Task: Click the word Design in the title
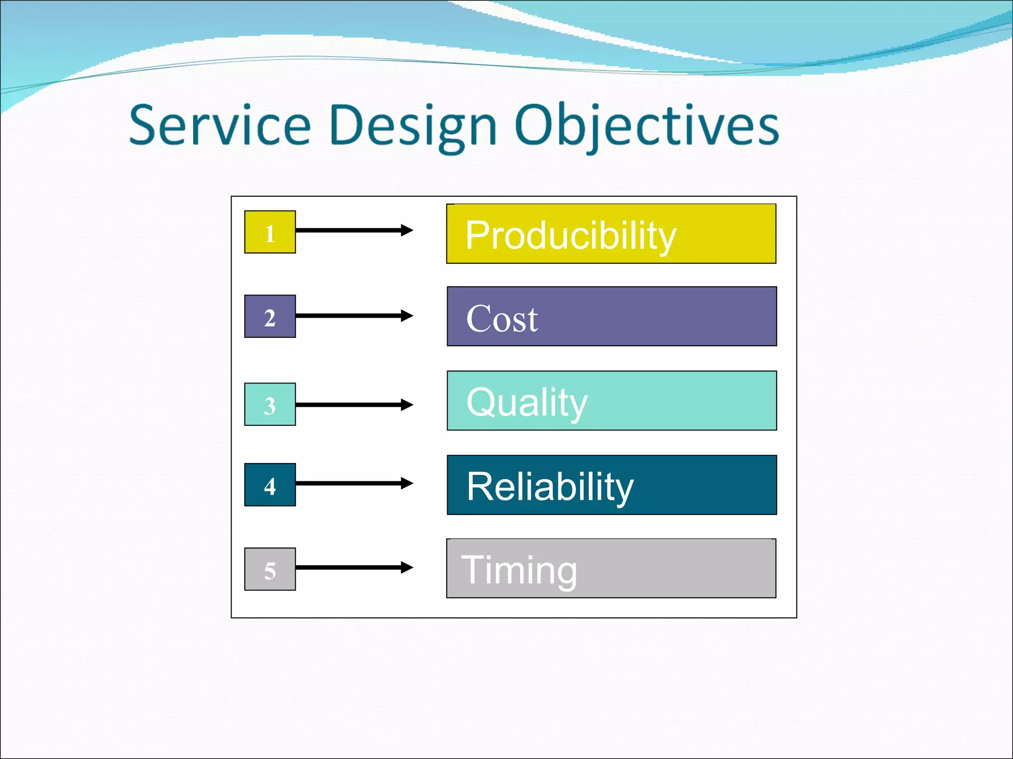point(413,126)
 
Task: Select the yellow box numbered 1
point(270,232)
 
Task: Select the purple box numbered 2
point(270,317)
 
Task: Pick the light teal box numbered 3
point(270,404)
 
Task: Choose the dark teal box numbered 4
point(270,485)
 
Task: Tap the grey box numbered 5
point(270,569)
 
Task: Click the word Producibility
point(570,235)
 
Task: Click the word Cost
point(502,319)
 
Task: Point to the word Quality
point(527,403)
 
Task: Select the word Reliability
point(550,487)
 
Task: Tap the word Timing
point(519,570)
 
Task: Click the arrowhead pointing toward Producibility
point(407,230)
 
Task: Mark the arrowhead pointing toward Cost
point(407,316)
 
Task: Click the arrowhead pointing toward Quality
point(407,405)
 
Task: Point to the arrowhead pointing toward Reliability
point(407,483)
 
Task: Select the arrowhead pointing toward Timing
point(407,567)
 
